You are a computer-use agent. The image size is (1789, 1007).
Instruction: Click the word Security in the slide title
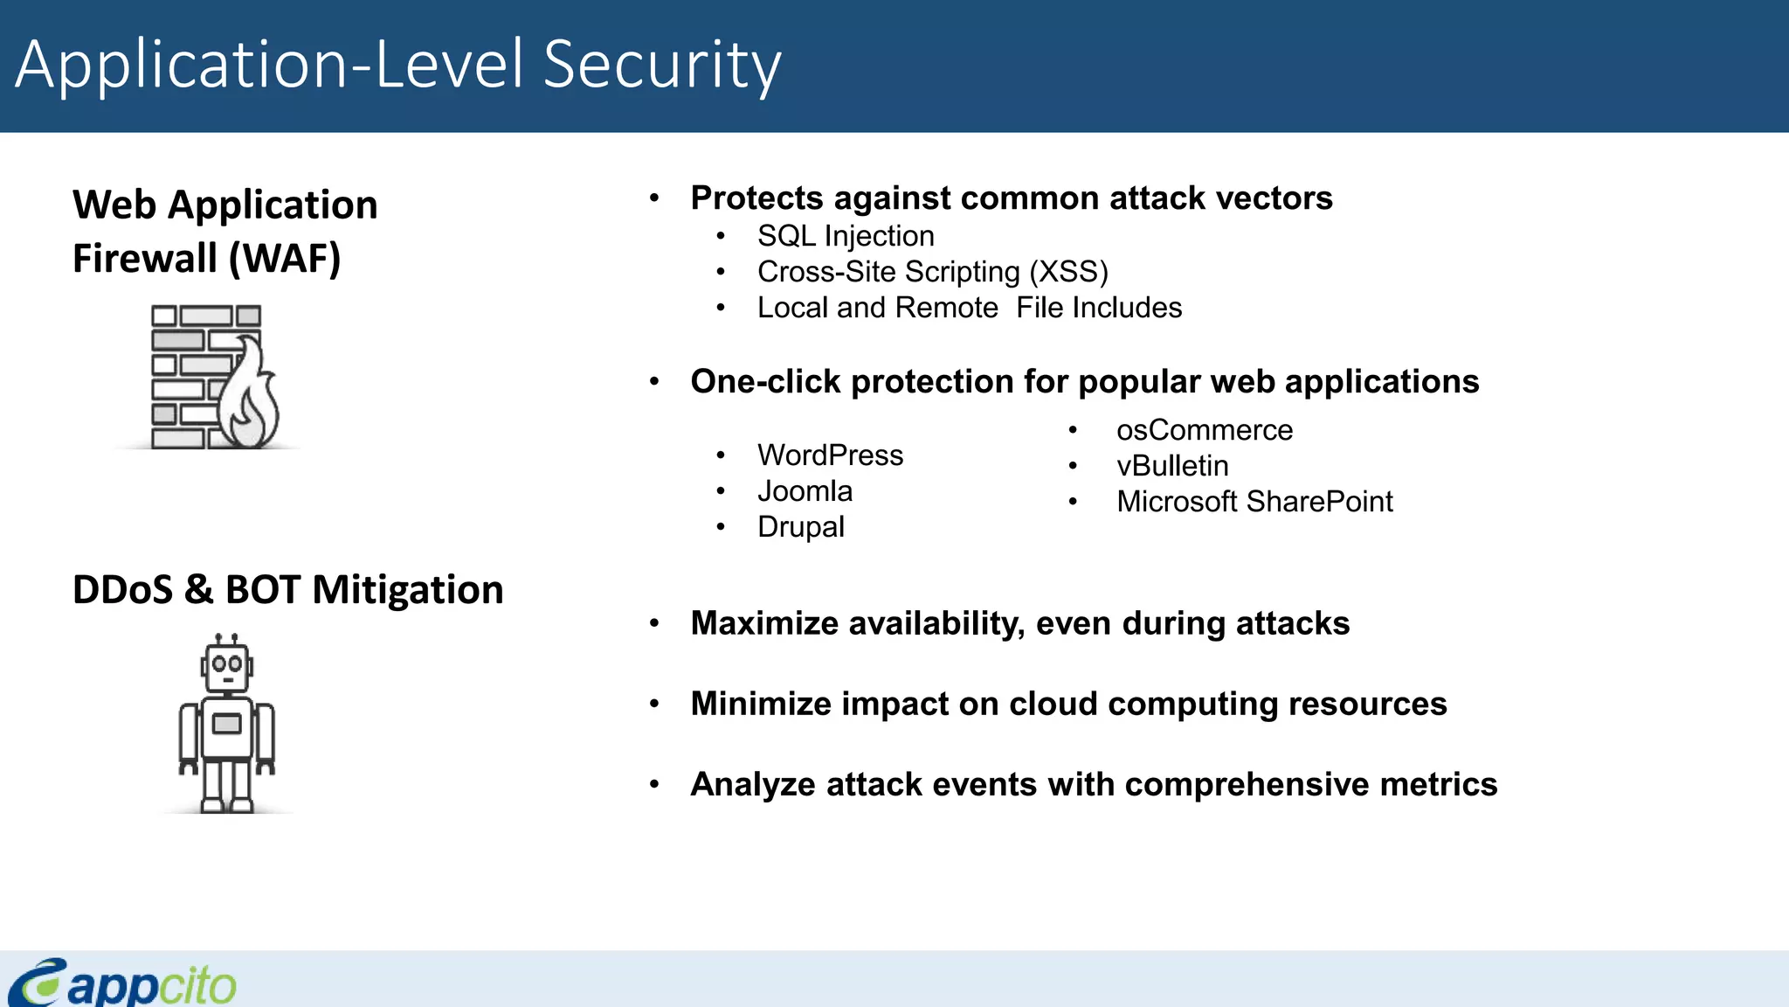click(x=661, y=65)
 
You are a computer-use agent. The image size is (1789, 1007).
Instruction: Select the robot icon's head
click(x=227, y=666)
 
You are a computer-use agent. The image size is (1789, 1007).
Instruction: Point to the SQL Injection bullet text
click(x=845, y=236)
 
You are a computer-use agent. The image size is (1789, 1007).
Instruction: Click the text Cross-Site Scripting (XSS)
click(x=932, y=272)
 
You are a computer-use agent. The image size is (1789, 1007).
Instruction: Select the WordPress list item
click(x=830, y=455)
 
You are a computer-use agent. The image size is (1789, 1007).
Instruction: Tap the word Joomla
click(x=805, y=491)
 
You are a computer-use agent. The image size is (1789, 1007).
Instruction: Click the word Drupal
click(x=800, y=527)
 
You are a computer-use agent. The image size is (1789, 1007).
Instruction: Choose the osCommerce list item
click(x=1204, y=430)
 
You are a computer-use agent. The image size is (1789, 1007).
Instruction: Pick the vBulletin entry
click(x=1171, y=466)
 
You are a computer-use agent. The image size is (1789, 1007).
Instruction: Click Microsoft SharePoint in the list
click(x=1254, y=502)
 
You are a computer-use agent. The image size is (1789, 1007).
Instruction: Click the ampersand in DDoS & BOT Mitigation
click(x=198, y=589)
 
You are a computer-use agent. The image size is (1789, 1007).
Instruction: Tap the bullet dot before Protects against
click(x=654, y=198)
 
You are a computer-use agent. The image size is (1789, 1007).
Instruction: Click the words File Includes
click(x=1098, y=308)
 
